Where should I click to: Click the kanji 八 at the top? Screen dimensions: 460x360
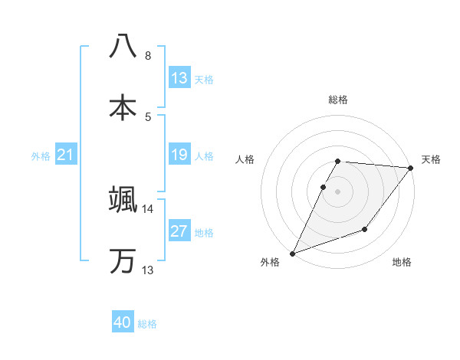(123, 45)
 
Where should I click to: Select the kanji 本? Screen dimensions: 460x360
(123, 107)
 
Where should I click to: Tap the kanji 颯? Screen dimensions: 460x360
(123, 198)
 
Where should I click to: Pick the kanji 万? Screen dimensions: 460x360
(123, 260)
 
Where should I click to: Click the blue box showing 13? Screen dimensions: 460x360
(179, 78)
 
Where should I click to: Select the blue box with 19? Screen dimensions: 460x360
(179, 155)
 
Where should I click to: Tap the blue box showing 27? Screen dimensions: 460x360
(179, 231)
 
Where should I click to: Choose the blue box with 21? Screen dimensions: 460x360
(66, 155)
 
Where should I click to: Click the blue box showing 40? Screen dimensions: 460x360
(123, 323)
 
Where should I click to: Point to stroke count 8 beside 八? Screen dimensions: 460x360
(148, 56)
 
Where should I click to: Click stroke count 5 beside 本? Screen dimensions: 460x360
(148, 117)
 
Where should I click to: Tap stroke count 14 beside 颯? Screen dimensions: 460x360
(148, 208)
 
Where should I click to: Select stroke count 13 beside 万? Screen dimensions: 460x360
(148, 270)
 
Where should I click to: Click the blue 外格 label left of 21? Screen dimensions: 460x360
(41, 156)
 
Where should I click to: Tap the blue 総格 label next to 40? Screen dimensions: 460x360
(147, 324)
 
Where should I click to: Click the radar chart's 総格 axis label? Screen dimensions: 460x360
(338, 100)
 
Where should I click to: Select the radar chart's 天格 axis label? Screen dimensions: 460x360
(432, 159)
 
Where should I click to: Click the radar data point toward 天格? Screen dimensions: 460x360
(411, 168)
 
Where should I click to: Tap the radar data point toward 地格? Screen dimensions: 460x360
(365, 229)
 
